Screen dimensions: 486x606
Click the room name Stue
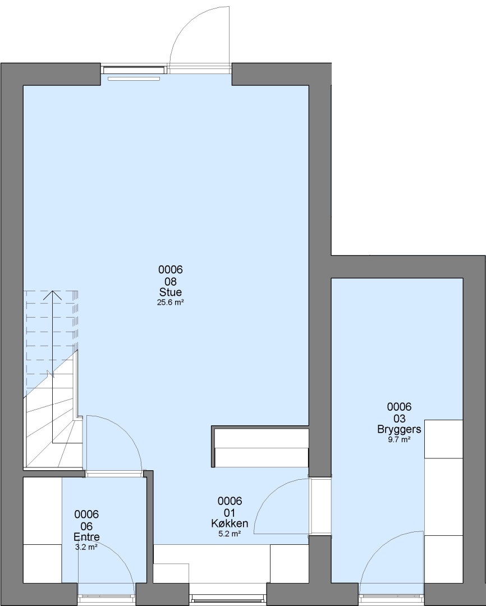(171, 292)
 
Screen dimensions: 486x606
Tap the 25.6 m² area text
(170, 302)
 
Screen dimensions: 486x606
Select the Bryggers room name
(400, 429)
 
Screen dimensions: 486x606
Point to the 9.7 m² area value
(400, 440)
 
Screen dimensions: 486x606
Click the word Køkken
(230, 524)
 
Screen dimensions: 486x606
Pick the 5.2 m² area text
(230, 534)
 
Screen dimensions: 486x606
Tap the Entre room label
(86, 537)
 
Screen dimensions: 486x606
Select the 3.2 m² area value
(86, 547)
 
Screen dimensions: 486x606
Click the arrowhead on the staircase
(52, 295)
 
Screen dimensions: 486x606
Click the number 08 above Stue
(171, 281)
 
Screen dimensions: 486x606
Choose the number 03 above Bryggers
(400, 419)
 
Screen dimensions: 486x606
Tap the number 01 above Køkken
(230, 513)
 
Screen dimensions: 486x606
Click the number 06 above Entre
(86, 526)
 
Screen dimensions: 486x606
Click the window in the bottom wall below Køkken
(228, 599)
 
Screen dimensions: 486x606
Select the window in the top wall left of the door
(134, 70)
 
